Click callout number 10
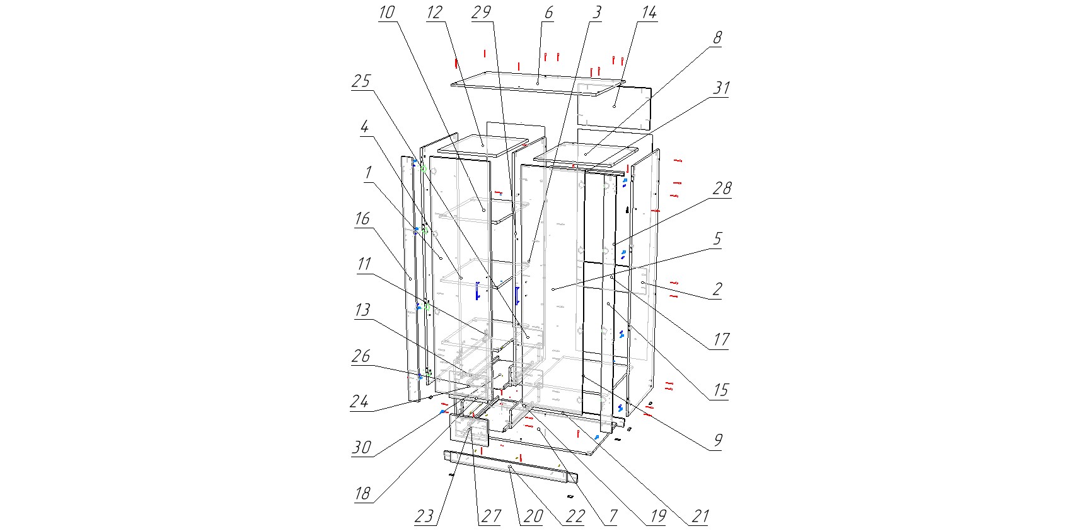coord(387,12)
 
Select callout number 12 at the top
coord(434,12)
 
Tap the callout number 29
coord(481,12)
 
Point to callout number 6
coord(548,12)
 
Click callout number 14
coord(649,12)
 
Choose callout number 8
coord(717,37)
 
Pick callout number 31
coord(721,88)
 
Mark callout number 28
coord(722,188)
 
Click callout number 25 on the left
coord(361,81)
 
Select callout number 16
coord(362,218)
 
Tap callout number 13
coord(362,310)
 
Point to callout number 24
coord(359,401)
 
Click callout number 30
coord(361,447)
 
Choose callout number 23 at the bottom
coord(424,516)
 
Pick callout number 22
coord(575,516)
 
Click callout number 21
coord(700,516)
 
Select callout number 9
coord(718,440)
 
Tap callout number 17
coord(721,339)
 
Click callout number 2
coord(717,289)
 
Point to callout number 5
coord(717,238)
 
